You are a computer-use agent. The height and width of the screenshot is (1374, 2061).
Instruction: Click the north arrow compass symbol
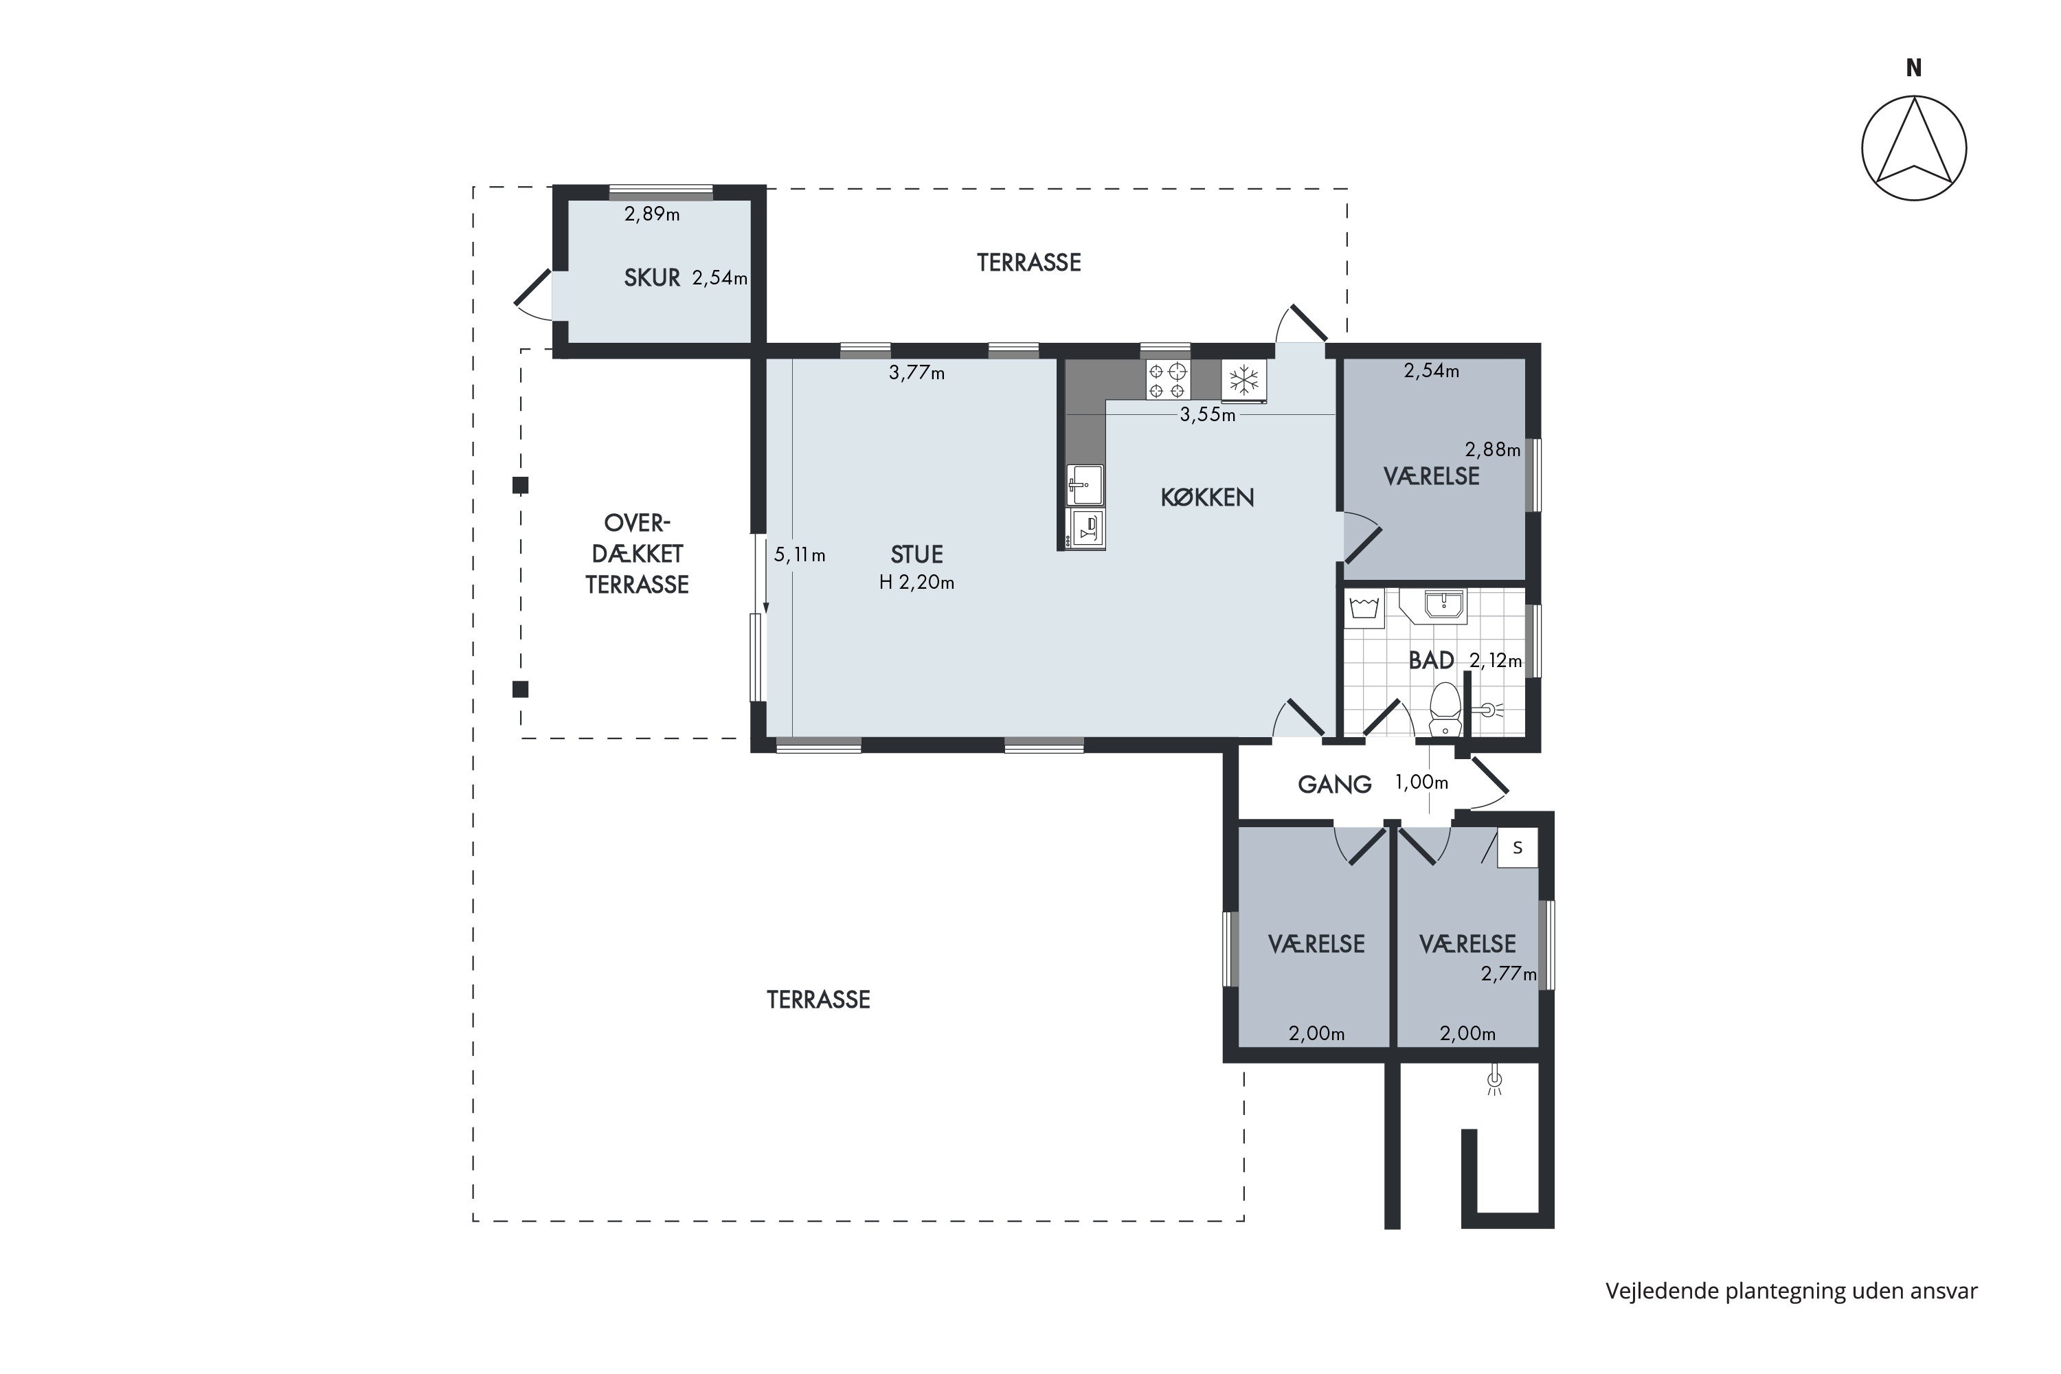[x=1914, y=147]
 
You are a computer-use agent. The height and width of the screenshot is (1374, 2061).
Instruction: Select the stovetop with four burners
[x=1167, y=381]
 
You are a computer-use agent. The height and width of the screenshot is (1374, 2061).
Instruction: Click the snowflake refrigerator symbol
[x=1243, y=381]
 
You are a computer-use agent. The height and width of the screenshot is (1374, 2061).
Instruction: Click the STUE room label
[x=916, y=554]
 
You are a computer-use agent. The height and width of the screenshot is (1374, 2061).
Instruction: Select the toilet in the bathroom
[x=1445, y=710]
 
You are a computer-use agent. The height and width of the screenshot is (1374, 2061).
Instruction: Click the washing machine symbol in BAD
[x=1365, y=608]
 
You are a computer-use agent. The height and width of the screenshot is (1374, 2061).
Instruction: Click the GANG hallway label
[x=1335, y=785]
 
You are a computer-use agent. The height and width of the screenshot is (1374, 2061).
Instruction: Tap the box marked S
[x=1518, y=848]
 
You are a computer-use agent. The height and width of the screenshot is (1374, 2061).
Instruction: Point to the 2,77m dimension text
[x=1509, y=973]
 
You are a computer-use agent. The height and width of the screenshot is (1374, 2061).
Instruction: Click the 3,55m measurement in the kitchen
[x=1208, y=414]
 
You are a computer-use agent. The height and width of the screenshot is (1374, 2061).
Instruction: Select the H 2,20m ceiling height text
[x=916, y=582]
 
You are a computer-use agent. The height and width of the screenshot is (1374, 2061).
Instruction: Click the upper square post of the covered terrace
[x=521, y=484]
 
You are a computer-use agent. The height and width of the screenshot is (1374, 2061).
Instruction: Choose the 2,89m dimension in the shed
[x=652, y=214]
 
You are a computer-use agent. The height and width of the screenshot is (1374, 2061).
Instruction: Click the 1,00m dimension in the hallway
[x=1421, y=782]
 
